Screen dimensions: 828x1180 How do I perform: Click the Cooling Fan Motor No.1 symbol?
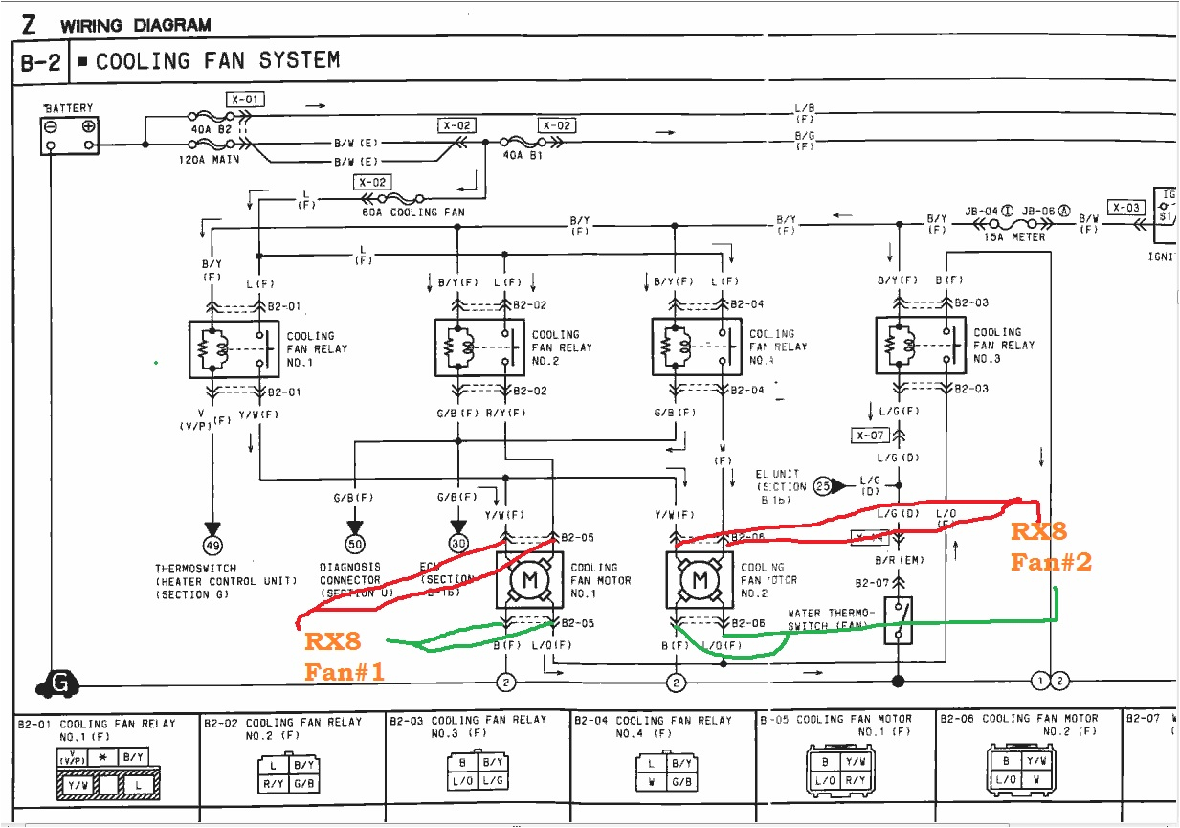tap(523, 580)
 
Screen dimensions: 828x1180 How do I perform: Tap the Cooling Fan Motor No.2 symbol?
tap(701, 580)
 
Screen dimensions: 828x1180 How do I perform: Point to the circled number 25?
tap(822, 486)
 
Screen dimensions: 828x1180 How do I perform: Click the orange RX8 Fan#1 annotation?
tap(343, 656)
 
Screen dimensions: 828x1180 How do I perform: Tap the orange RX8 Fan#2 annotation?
tap(1050, 548)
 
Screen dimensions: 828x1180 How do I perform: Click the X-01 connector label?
tap(244, 99)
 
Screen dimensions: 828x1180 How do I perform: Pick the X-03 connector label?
tap(1126, 208)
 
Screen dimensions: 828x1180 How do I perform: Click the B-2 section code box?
tap(40, 63)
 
